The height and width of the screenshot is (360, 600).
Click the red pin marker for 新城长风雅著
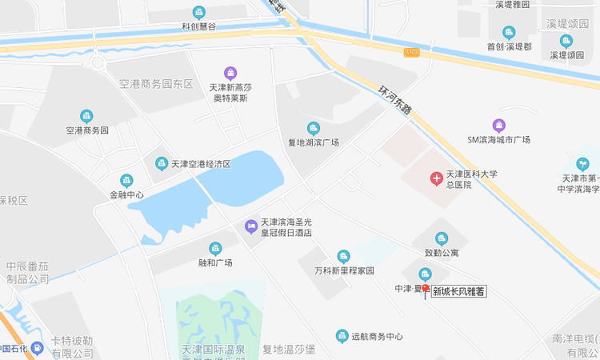point(426,290)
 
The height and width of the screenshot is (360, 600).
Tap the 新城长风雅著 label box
point(458,292)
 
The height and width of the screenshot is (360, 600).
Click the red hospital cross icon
point(437,178)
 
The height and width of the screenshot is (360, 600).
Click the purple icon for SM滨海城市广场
point(499,125)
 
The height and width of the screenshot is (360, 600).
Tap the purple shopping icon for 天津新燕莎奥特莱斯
point(230,73)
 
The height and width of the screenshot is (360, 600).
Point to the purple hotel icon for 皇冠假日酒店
point(251,226)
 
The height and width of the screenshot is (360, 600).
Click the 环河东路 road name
point(394,102)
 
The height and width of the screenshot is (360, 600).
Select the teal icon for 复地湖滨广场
point(314,128)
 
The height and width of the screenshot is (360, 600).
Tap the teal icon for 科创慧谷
point(199,12)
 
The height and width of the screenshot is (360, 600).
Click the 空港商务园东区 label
point(157,84)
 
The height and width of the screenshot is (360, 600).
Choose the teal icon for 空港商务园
point(86,116)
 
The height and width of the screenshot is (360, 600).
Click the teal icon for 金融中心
point(126,181)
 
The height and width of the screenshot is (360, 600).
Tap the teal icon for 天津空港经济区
point(162,163)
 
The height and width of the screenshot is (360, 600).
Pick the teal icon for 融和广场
point(214,249)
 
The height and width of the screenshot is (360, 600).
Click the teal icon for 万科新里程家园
point(344,256)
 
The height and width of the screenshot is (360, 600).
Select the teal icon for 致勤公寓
point(442,238)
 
